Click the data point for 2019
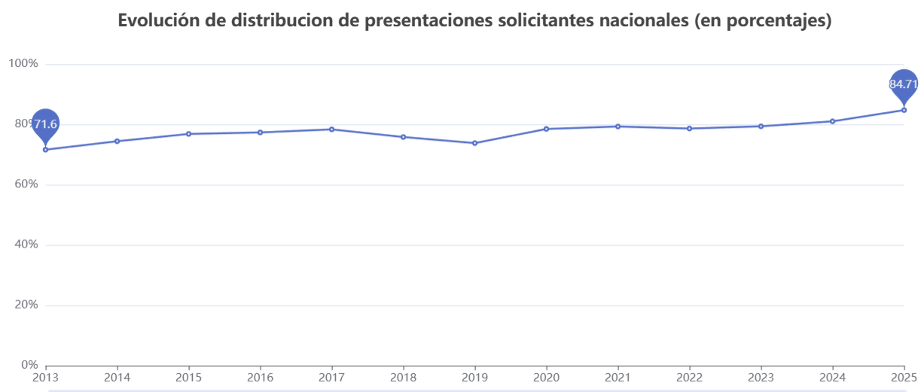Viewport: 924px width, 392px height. coord(474,143)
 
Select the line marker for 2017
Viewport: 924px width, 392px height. coord(331,129)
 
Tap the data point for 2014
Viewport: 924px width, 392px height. coord(117,141)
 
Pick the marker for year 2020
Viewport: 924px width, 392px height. coord(546,129)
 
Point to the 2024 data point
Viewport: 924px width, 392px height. coord(832,121)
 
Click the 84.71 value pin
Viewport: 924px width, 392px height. coord(903,84)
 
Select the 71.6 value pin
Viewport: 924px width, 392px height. coord(45,124)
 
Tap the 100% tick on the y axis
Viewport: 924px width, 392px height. coord(23,64)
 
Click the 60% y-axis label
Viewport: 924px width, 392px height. coord(23,184)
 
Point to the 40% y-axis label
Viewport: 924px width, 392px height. coord(23,245)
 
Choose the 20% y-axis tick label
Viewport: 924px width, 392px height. coord(23,305)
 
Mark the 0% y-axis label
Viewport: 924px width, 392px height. coord(26,365)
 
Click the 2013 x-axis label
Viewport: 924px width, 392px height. coord(45,377)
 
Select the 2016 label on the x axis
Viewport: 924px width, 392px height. coord(260,377)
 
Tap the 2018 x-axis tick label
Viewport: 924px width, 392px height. coord(403,377)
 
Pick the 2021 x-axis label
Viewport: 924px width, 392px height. coord(618,377)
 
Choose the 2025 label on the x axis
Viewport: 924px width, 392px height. coord(903,377)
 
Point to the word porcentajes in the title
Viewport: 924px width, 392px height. coord(778,21)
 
